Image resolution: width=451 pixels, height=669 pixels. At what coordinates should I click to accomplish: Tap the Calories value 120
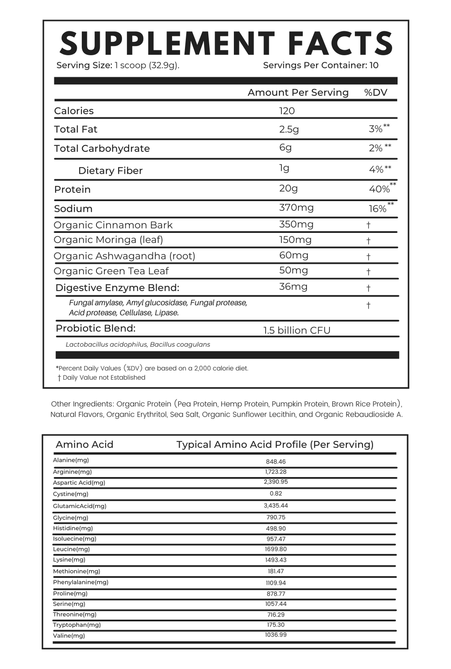tap(287, 111)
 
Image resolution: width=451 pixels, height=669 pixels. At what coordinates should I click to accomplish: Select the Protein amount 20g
tap(288, 188)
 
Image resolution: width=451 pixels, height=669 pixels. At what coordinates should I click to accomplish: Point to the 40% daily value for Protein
tap(379, 189)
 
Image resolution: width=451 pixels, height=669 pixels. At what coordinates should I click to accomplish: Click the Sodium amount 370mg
tap(296, 208)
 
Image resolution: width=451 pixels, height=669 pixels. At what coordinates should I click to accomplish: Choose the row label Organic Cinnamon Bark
tap(113, 225)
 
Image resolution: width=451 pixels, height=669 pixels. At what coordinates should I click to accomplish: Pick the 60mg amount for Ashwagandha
tap(294, 255)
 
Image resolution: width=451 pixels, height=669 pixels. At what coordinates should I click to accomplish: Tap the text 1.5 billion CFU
tap(297, 330)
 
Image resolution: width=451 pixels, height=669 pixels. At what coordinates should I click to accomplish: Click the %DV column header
tap(376, 93)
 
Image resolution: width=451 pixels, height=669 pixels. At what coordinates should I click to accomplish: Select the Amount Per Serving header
tap(298, 93)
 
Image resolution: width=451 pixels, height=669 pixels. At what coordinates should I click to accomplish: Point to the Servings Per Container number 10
tap(374, 65)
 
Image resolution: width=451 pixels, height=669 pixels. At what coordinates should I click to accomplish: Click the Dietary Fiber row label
tap(110, 171)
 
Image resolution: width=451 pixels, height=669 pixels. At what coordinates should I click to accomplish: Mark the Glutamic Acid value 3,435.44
tap(276, 506)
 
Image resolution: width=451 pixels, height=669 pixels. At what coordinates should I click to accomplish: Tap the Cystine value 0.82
tap(276, 494)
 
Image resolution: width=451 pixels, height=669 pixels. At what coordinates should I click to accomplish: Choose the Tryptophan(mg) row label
tap(77, 625)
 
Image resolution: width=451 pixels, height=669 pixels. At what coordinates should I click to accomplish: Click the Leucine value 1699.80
tap(276, 549)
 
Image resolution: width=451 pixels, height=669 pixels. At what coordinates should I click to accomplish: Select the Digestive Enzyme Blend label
tap(117, 288)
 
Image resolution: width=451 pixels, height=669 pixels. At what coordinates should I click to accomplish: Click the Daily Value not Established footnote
tap(104, 377)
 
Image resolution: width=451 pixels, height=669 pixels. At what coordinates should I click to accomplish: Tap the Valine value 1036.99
tap(276, 635)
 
